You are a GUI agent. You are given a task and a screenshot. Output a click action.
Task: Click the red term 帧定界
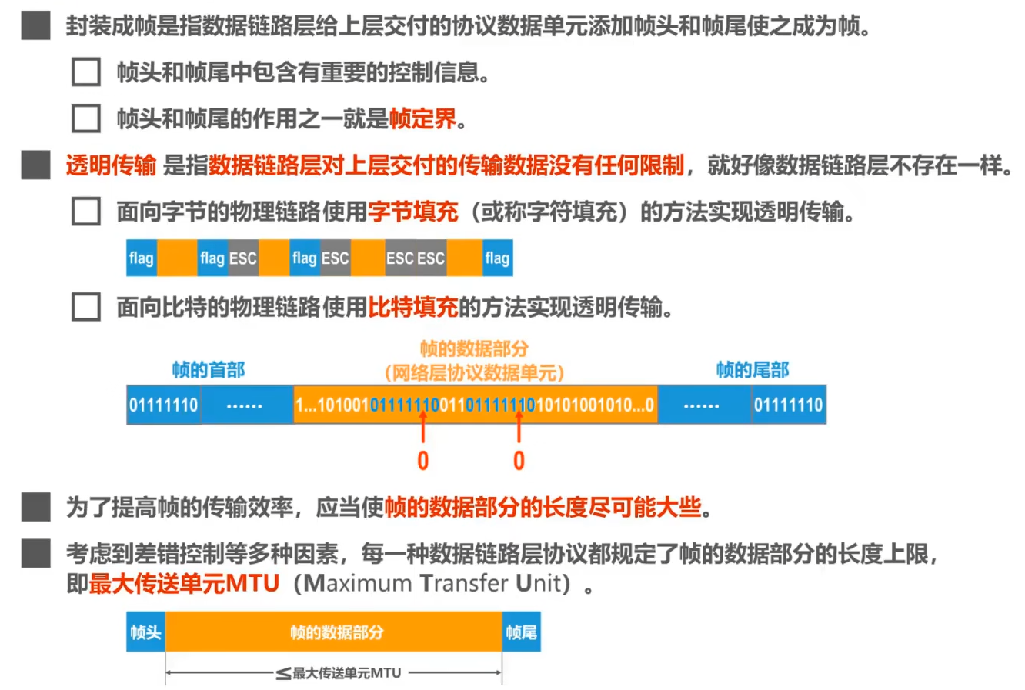click(422, 118)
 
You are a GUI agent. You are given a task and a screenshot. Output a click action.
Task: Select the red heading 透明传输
click(111, 165)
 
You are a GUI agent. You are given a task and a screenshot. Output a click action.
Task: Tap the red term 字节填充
click(412, 212)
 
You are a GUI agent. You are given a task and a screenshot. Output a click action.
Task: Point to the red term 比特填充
click(412, 308)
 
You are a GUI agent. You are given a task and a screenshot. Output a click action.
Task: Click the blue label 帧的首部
click(208, 370)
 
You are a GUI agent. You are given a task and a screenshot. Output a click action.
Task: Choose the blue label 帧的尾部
click(752, 370)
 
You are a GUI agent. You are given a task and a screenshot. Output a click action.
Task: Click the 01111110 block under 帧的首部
click(163, 405)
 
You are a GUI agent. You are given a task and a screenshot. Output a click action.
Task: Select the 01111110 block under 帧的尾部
click(788, 405)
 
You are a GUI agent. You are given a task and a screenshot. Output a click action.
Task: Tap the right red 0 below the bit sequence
click(519, 461)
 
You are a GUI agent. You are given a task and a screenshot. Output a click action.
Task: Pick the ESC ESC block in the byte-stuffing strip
click(416, 258)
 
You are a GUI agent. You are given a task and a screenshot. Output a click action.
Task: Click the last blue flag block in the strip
click(497, 258)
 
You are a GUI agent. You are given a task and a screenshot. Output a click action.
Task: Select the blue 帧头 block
click(145, 632)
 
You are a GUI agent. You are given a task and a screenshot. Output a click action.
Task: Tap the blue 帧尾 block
click(521, 632)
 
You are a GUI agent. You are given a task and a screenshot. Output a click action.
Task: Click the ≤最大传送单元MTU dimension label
click(339, 673)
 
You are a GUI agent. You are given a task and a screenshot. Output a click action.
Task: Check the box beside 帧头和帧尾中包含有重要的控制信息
click(85, 72)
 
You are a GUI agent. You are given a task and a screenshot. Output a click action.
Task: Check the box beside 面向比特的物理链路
click(85, 307)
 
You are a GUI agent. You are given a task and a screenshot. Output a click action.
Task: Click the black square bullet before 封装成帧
click(35, 26)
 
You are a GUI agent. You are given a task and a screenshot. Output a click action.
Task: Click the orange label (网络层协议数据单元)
click(474, 373)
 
